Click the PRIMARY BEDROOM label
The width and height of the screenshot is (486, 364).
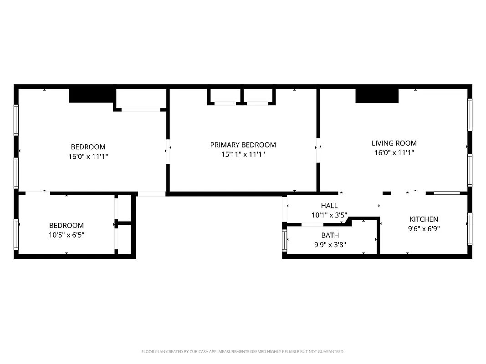click(x=243, y=145)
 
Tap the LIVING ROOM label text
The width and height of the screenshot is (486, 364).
click(x=394, y=143)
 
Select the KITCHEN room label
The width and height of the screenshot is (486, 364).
click(x=424, y=219)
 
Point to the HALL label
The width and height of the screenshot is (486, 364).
click(x=329, y=206)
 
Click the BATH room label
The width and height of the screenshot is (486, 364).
click(x=330, y=235)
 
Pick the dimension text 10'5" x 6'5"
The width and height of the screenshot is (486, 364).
click(x=67, y=235)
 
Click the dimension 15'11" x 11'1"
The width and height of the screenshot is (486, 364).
click(x=243, y=155)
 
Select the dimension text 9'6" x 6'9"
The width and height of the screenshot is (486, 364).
click(x=424, y=229)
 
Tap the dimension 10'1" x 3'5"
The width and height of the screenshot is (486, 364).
click(x=329, y=215)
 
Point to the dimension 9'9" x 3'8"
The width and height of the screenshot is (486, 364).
click(x=330, y=244)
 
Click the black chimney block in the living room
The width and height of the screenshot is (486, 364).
click(x=377, y=96)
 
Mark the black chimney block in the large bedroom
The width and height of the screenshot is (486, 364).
click(x=91, y=96)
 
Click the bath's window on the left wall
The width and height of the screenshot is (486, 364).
click(x=285, y=240)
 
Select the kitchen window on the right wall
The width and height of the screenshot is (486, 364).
click(x=470, y=222)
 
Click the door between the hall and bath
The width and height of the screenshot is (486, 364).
click(x=312, y=224)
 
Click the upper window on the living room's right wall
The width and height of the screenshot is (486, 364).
click(x=470, y=114)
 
